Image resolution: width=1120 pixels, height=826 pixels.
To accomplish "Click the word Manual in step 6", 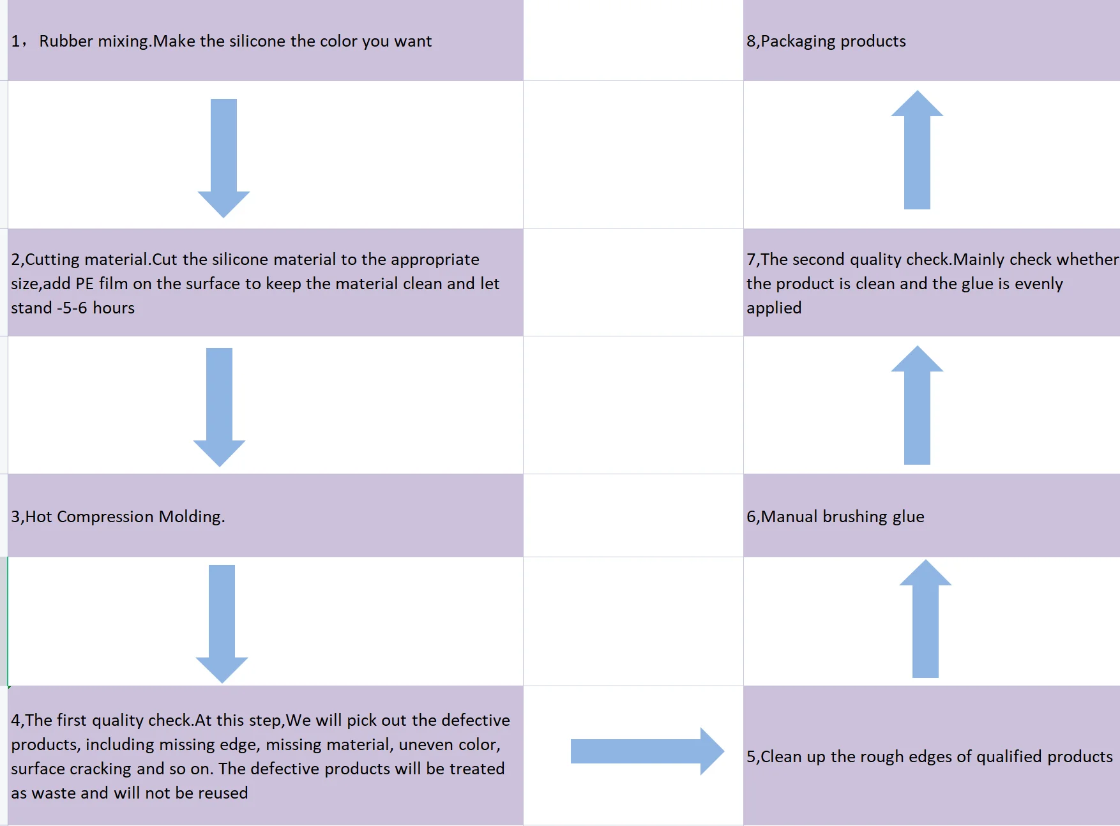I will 789,516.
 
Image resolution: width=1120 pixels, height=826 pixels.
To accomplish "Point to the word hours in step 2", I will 114,308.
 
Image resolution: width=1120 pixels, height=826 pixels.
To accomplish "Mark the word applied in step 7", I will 774,308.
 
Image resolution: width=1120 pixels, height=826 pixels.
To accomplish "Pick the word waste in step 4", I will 54,793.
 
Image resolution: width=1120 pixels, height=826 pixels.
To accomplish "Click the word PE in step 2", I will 84,283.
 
